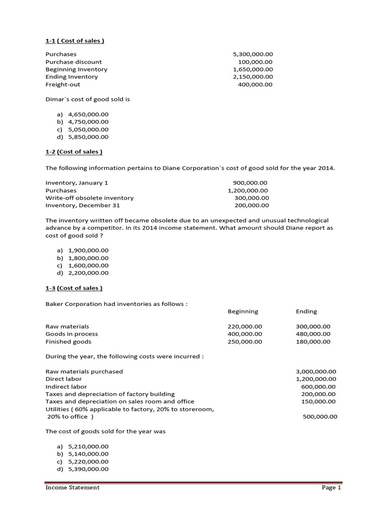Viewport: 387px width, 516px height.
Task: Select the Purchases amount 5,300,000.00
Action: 252,54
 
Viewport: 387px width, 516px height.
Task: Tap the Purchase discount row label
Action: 74,61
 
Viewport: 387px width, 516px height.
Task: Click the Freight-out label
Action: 63,84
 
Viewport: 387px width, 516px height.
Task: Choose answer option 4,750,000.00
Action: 88,121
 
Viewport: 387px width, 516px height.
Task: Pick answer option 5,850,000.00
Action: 88,137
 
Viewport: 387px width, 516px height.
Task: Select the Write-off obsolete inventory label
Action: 90,198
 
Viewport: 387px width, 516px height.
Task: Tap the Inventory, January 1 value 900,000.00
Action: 250,182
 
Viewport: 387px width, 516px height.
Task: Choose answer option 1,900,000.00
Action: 88,250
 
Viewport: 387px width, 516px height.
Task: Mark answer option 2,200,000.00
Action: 88,273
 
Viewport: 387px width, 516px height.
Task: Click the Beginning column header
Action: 243,311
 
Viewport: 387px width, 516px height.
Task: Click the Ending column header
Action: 306,311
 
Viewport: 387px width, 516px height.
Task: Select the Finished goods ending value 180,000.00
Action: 313,342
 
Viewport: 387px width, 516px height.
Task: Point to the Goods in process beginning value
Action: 245,334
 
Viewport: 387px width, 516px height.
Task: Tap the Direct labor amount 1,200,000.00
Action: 316,379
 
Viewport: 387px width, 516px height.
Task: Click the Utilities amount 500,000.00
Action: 320,417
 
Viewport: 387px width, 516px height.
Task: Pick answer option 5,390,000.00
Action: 88,469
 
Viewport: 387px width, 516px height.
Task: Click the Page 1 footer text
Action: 332,487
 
